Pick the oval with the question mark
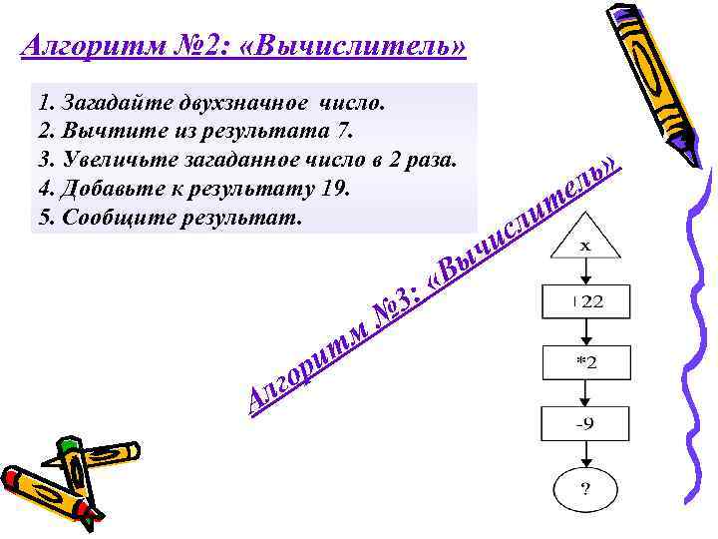[584, 489]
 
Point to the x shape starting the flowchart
[584, 245]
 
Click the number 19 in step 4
[334, 188]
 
